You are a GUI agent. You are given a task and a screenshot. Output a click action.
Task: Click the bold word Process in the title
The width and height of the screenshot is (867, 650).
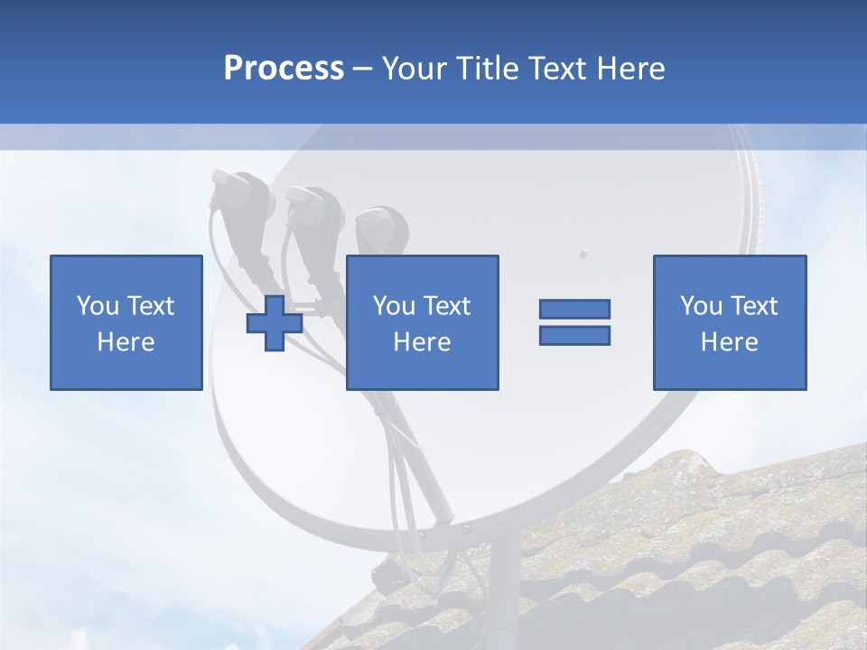tap(284, 69)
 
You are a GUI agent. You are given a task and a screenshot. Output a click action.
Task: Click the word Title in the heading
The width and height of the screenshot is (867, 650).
tap(487, 69)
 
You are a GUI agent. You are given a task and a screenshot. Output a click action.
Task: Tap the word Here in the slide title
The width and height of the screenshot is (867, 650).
tap(630, 69)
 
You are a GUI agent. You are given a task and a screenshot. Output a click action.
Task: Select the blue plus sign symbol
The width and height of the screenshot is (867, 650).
tap(275, 323)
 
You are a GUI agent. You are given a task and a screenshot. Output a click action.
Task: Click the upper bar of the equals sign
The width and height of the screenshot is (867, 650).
tap(574, 309)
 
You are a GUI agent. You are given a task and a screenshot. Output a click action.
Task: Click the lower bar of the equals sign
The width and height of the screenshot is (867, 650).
tap(574, 335)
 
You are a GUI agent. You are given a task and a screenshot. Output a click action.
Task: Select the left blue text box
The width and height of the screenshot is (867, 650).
tap(126, 322)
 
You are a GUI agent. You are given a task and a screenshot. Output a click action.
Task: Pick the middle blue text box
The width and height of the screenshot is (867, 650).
tap(422, 322)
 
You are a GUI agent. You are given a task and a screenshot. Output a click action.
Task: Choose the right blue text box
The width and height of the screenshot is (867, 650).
tap(729, 322)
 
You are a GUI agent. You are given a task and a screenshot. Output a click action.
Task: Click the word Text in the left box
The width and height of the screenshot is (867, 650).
tap(151, 306)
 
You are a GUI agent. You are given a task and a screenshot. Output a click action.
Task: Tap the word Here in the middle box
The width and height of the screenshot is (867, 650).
tap(422, 342)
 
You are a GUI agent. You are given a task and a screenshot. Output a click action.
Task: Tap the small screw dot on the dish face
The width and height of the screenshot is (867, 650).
tap(583, 252)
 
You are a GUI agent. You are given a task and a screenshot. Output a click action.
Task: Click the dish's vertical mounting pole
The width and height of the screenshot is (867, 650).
tap(507, 587)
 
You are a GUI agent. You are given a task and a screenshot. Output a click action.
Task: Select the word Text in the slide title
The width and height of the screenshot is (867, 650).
tap(557, 69)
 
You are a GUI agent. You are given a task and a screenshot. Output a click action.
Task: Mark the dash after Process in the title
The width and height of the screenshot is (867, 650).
tap(362, 69)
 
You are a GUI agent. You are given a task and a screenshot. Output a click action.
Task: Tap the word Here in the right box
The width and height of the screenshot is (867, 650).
tap(729, 342)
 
